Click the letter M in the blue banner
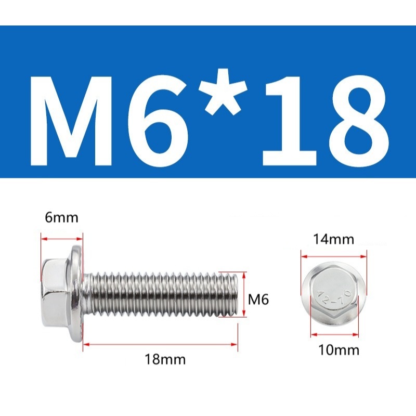click(71, 121)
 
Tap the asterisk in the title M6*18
click(224, 92)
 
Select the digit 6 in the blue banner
click(159, 121)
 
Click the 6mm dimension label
click(61, 218)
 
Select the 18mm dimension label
click(165, 360)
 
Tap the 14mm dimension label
click(333, 239)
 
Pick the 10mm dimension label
click(339, 349)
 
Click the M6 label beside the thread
click(258, 300)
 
